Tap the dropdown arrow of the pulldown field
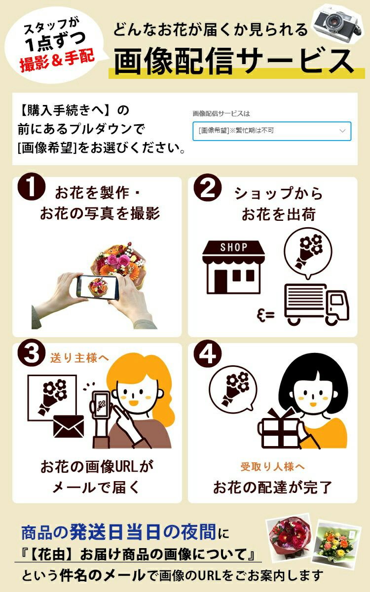click(x=342, y=131)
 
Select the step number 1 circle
click(x=32, y=187)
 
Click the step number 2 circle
click(x=207, y=188)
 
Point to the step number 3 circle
click(x=32, y=353)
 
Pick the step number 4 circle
click(x=207, y=353)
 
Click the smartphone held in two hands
click(x=98, y=287)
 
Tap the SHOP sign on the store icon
click(x=233, y=247)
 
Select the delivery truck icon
click(x=317, y=304)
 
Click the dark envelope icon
click(x=69, y=426)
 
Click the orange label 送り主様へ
click(x=79, y=358)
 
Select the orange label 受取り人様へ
click(x=273, y=467)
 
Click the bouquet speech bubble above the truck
click(x=308, y=252)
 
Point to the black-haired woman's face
click(x=313, y=396)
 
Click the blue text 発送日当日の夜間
click(x=143, y=532)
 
